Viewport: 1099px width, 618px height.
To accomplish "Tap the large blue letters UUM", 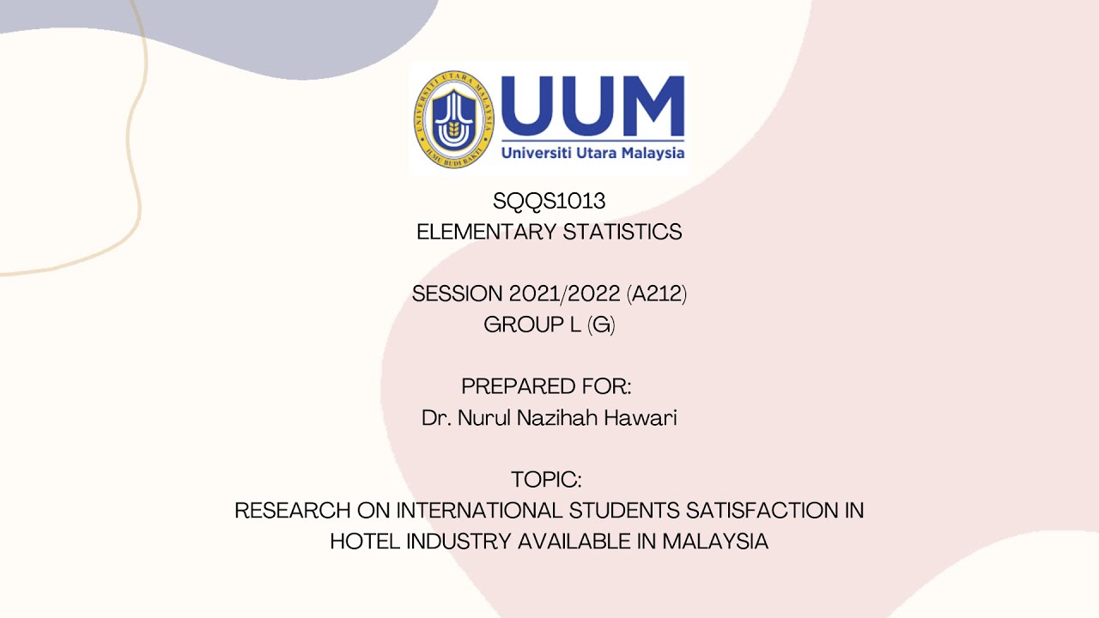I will pyautogui.click(x=592, y=104).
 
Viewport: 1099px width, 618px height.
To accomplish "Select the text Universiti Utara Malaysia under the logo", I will pyautogui.click(x=592, y=153).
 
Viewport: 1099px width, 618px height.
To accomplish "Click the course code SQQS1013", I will pyautogui.click(x=549, y=201).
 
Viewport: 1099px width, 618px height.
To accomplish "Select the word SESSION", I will pyautogui.click(x=457, y=294).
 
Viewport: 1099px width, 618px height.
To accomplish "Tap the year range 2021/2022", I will pyautogui.click(x=564, y=294).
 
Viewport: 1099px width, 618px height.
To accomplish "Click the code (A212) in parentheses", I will pyautogui.click(x=657, y=294).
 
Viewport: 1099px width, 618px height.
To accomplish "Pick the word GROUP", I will pyautogui.click(x=520, y=324).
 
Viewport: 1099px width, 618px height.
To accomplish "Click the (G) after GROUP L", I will pyautogui.click(x=601, y=324).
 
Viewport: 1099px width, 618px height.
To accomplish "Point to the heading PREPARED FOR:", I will pyautogui.click(x=546, y=386).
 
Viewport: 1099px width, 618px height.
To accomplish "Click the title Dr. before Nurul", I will pyautogui.click(x=436, y=418).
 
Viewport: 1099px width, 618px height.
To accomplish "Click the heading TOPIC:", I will pyautogui.click(x=546, y=479).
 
